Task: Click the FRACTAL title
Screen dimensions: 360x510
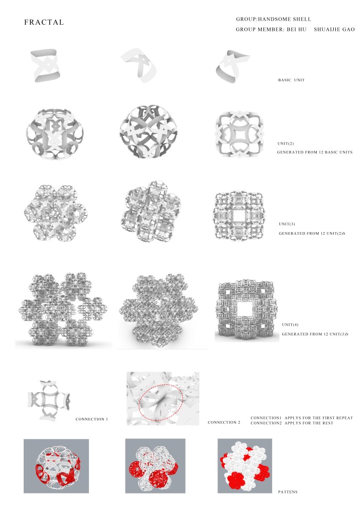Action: point(44,23)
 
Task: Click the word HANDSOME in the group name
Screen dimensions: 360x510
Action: point(274,19)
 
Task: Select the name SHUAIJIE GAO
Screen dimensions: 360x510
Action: point(334,29)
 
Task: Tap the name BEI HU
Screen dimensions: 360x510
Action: point(296,29)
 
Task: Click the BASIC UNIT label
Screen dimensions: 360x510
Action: point(291,80)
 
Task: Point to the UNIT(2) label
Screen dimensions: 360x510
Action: point(285,144)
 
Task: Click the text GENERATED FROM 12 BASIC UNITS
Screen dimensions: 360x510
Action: point(315,152)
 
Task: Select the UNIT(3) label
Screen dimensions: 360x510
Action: point(287,224)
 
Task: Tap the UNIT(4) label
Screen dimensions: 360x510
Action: point(290,325)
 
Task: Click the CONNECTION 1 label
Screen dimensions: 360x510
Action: point(92,419)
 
